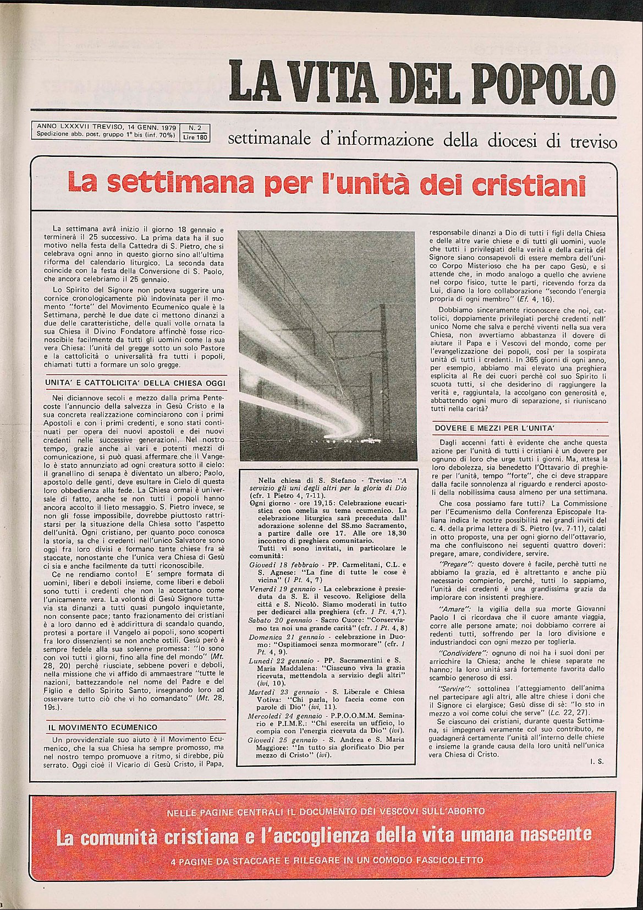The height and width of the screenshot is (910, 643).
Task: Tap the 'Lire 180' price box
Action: [195, 138]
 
